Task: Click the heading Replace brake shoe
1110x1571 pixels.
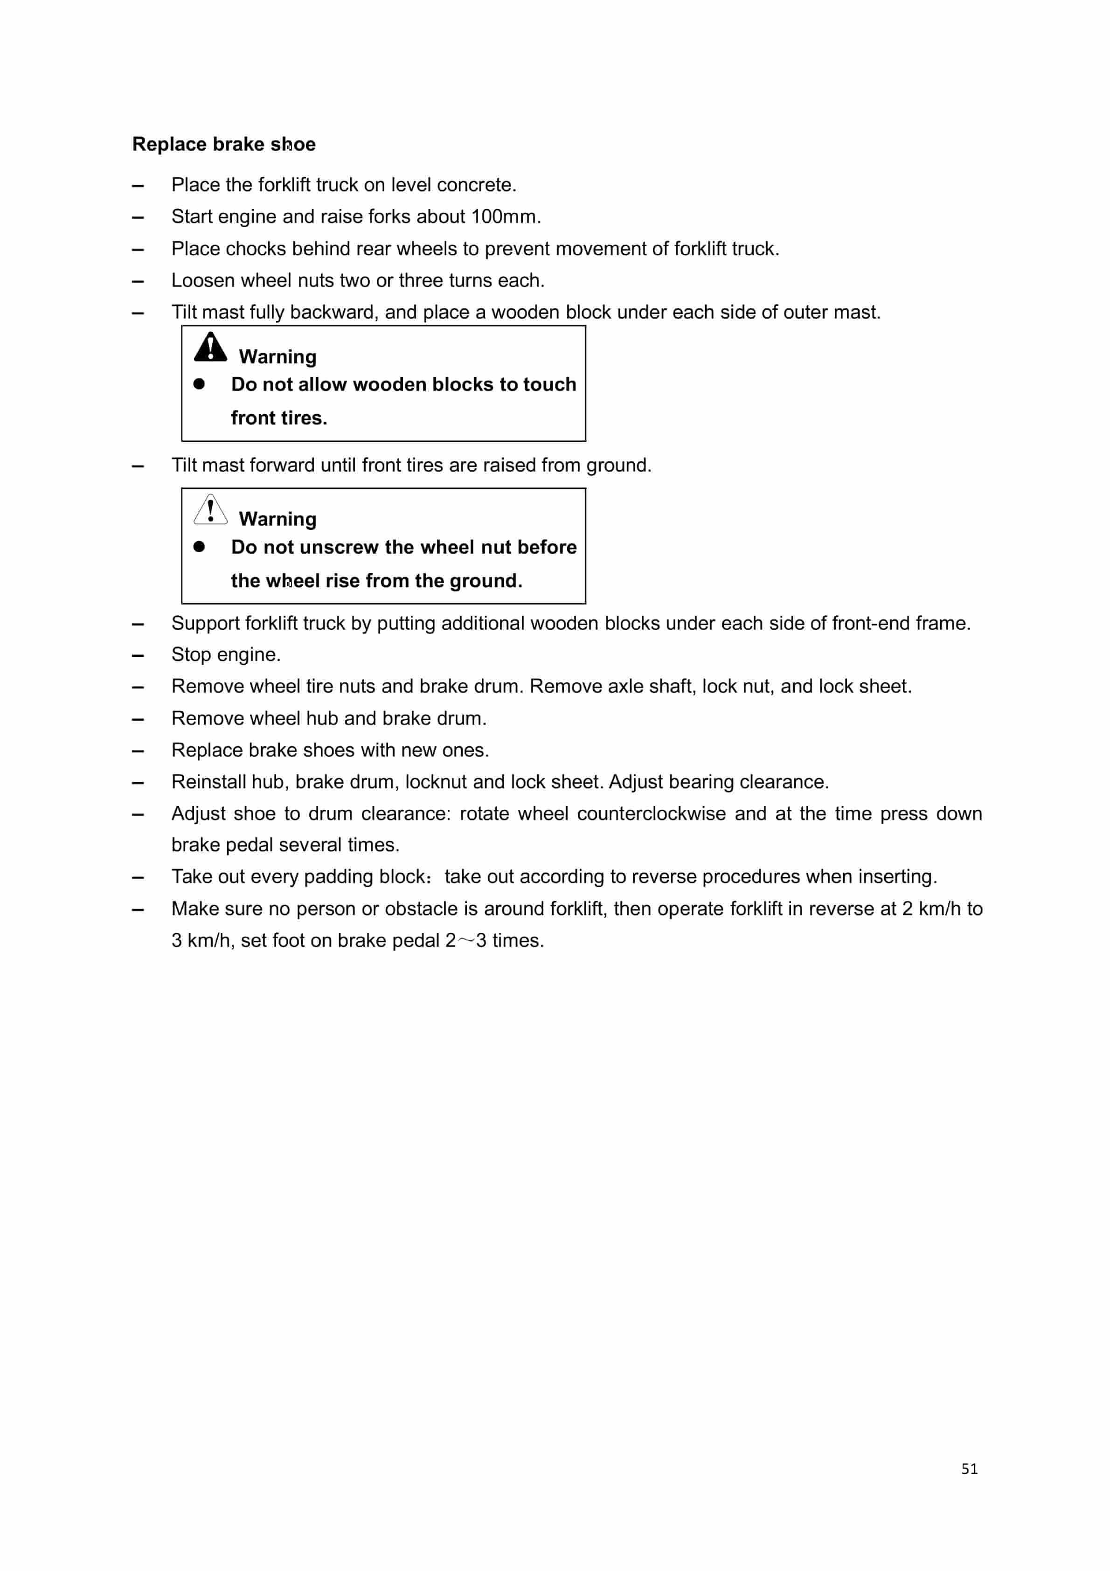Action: [x=224, y=145]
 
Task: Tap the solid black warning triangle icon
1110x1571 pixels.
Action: [x=210, y=347]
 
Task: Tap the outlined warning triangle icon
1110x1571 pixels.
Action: [x=210, y=510]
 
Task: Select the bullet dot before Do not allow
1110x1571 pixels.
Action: [x=199, y=384]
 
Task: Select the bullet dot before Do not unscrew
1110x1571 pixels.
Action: [x=199, y=547]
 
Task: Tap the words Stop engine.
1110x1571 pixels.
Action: [x=226, y=655]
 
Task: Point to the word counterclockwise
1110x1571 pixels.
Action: [x=651, y=813]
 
